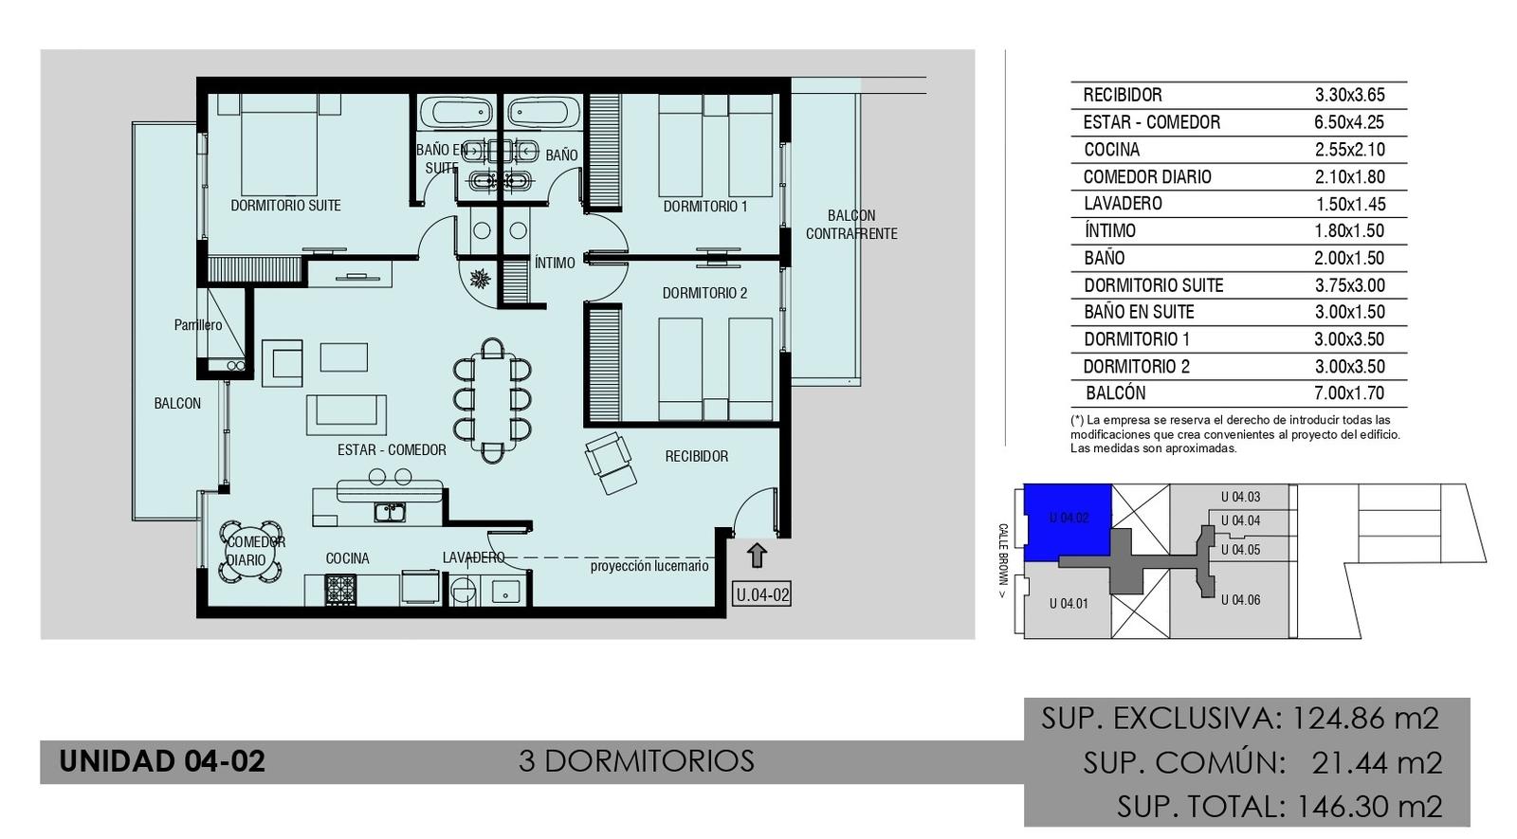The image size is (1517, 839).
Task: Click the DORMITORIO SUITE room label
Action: pyautogui.click(x=285, y=205)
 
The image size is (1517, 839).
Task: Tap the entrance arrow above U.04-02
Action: pyautogui.click(x=758, y=556)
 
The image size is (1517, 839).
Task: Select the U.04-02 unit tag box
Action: pyautogui.click(x=762, y=594)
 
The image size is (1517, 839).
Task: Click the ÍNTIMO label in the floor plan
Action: pyautogui.click(x=555, y=262)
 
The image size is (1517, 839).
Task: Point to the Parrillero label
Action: pyautogui.click(x=198, y=325)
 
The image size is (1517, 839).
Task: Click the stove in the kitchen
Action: pyautogui.click(x=340, y=589)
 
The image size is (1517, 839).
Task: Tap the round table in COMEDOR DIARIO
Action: pyautogui.click(x=251, y=551)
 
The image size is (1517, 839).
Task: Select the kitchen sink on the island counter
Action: pyautogui.click(x=390, y=513)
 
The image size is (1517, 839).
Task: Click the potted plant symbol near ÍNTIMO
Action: pyautogui.click(x=480, y=279)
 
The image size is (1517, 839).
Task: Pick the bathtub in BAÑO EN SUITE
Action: pyautogui.click(x=455, y=113)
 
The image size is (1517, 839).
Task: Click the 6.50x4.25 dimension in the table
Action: pyautogui.click(x=1349, y=122)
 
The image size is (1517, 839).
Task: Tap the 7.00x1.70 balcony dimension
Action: pyautogui.click(x=1349, y=392)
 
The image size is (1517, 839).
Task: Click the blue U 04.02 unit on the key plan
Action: pyautogui.click(x=1068, y=522)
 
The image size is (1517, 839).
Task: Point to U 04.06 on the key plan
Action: pyautogui.click(x=1240, y=600)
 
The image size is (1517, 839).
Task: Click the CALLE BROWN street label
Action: pyautogui.click(x=1002, y=560)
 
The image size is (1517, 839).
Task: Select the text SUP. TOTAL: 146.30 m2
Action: pyautogui.click(x=1279, y=806)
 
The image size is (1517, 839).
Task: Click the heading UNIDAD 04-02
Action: pyautogui.click(x=162, y=761)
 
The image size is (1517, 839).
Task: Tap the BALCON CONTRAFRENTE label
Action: pyautogui.click(x=851, y=224)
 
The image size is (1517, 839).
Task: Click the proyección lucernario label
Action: pyautogui.click(x=649, y=566)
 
